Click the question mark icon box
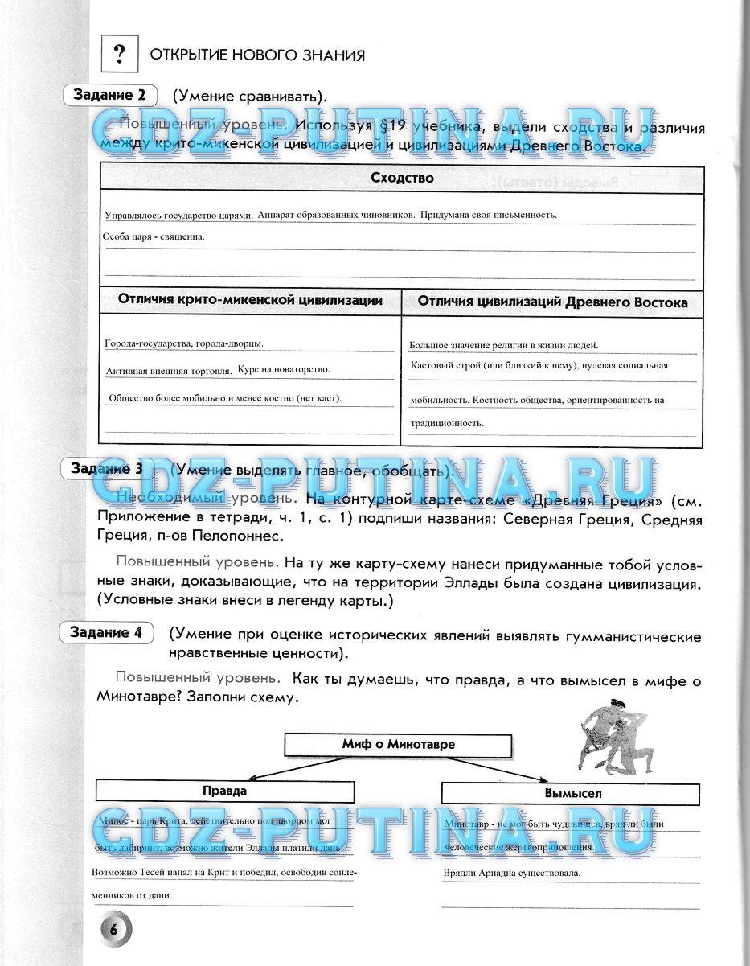[120, 55]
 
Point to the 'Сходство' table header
[402, 178]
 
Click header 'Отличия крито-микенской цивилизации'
[250, 300]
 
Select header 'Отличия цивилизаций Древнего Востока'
[552, 302]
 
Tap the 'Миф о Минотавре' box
[398, 744]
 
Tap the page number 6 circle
[114, 928]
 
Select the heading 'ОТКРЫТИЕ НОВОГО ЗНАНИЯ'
[257, 55]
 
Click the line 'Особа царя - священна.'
[154, 236]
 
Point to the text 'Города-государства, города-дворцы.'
[184, 343]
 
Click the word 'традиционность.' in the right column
[446, 422]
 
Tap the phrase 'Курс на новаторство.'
[284, 369]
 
